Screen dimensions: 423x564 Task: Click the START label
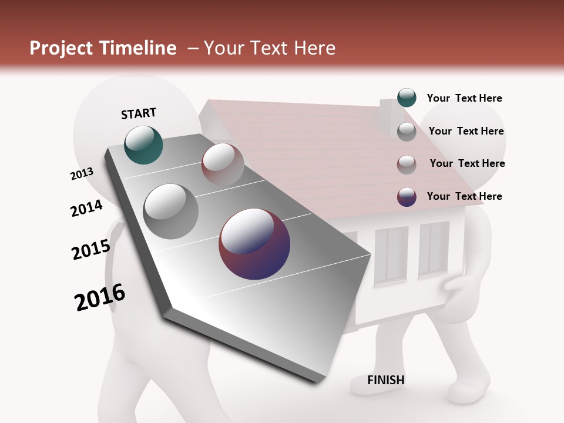[x=139, y=113]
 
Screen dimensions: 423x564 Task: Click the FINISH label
[x=386, y=380]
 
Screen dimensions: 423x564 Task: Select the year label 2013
[x=82, y=174]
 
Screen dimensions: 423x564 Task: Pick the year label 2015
[x=91, y=249]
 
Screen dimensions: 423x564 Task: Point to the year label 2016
[x=100, y=297]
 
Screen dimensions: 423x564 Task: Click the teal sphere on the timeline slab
[x=144, y=145]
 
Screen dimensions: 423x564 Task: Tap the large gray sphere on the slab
[x=171, y=211]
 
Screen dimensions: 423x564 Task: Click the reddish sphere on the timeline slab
[x=223, y=164]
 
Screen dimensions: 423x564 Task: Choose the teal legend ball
[x=407, y=98]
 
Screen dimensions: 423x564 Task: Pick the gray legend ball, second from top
[x=407, y=132]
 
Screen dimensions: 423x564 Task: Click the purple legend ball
[x=407, y=197]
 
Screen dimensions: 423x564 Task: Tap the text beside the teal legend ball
[x=464, y=99]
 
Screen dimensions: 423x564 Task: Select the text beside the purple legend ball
[x=464, y=196]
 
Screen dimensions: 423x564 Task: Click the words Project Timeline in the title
[x=103, y=48]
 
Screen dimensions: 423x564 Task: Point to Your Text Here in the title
[x=269, y=48]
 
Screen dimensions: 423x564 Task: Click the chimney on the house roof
[x=388, y=110]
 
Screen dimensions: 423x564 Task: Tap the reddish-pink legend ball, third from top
[x=407, y=164]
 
